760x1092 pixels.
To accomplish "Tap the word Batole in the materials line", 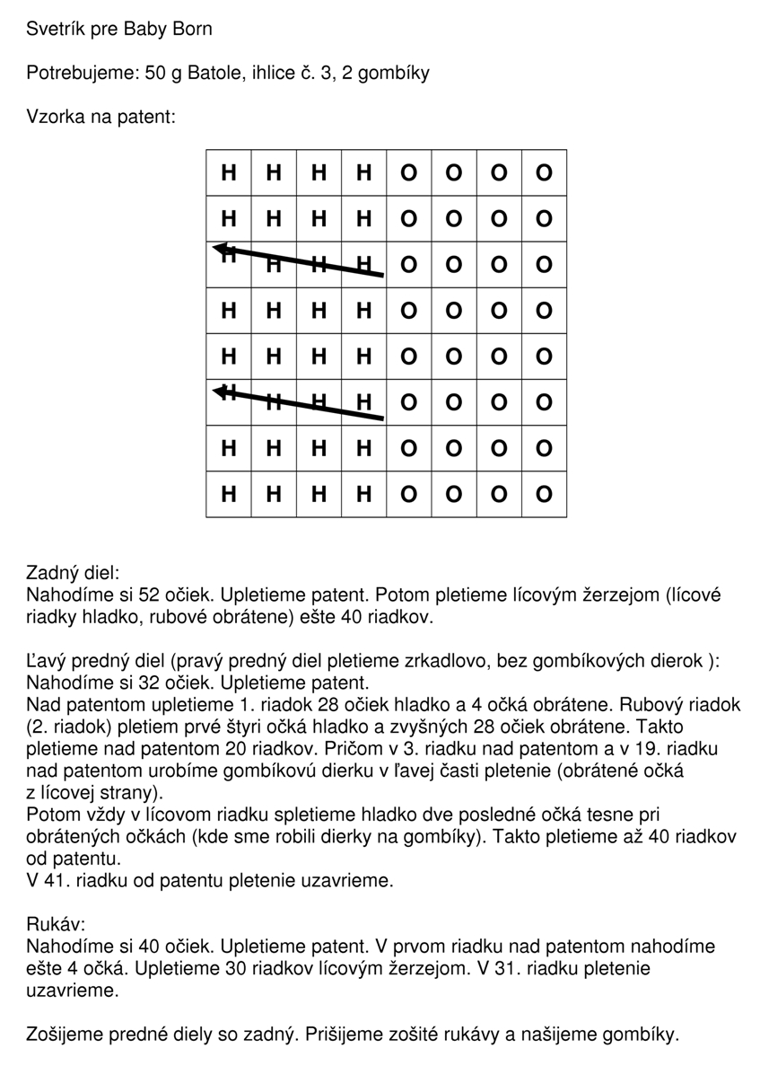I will click(x=212, y=73).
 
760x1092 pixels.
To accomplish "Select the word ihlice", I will click(x=271, y=73).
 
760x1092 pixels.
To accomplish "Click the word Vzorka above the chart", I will click(x=56, y=117).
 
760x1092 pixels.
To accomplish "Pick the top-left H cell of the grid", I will click(x=229, y=172).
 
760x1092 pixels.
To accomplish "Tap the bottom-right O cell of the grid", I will click(x=544, y=494).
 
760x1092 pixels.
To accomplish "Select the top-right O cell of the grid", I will click(x=544, y=172).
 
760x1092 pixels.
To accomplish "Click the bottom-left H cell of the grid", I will click(x=229, y=494).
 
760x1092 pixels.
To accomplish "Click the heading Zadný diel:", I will click(x=73, y=573).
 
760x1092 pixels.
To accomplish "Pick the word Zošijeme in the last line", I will click(x=66, y=1035).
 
